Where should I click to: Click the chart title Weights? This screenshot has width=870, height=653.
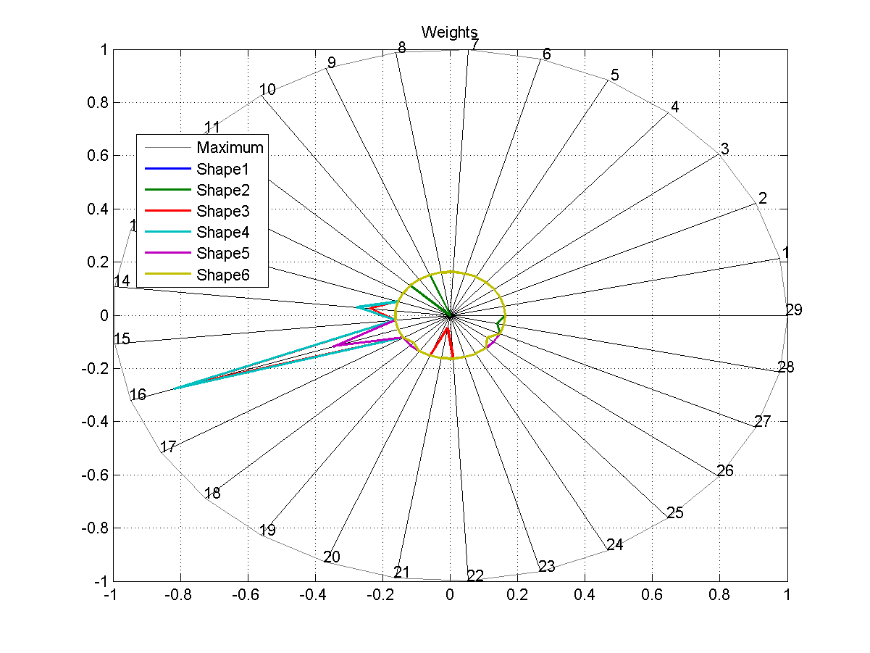tap(449, 32)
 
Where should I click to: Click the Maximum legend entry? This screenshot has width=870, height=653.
tap(230, 148)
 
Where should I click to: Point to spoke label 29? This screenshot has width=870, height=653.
tap(794, 310)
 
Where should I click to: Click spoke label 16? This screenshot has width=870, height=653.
tap(138, 395)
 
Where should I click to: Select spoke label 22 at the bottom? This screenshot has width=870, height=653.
tap(475, 576)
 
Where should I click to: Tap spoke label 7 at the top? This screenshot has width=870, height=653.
tap(474, 45)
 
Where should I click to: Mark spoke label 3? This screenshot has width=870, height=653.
tap(724, 149)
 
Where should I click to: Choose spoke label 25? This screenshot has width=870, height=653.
tap(675, 513)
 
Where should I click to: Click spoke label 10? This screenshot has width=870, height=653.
tap(267, 90)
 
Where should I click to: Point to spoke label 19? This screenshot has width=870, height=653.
tap(267, 531)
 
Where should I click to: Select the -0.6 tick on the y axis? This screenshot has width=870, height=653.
tap(91, 475)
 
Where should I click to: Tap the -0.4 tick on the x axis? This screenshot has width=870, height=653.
tap(314, 595)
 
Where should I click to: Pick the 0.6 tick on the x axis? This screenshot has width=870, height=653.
tap(652, 595)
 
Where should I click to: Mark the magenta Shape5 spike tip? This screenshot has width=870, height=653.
tap(333, 346)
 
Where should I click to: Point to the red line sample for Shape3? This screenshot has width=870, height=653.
tap(167, 212)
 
